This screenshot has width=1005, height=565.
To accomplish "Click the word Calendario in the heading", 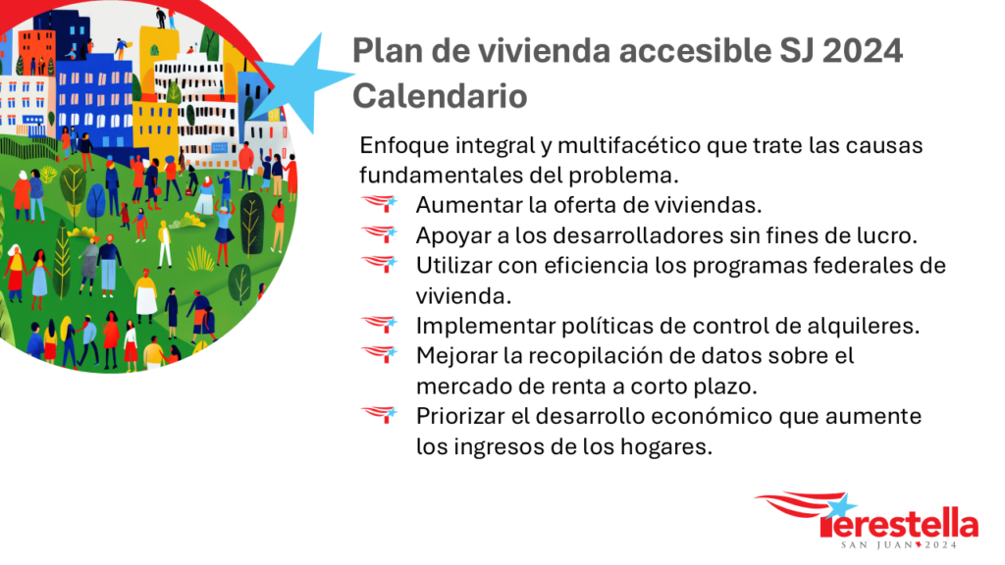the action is click(x=440, y=96).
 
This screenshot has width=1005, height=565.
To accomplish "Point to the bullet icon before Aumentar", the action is click(x=380, y=204).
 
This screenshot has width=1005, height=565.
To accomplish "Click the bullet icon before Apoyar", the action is click(x=380, y=233).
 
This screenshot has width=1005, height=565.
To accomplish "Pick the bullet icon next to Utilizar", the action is click(x=380, y=264).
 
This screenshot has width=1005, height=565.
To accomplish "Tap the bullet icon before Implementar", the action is click(x=380, y=324).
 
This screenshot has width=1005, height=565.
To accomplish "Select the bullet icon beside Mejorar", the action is click(x=380, y=354).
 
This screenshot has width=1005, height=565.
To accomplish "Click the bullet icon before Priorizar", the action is click(x=380, y=415).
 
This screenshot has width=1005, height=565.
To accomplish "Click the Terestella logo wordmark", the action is click(x=900, y=523).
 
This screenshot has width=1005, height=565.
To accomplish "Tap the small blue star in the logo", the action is click(x=841, y=506).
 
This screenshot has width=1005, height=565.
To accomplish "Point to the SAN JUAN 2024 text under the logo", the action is click(x=899, y=545).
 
